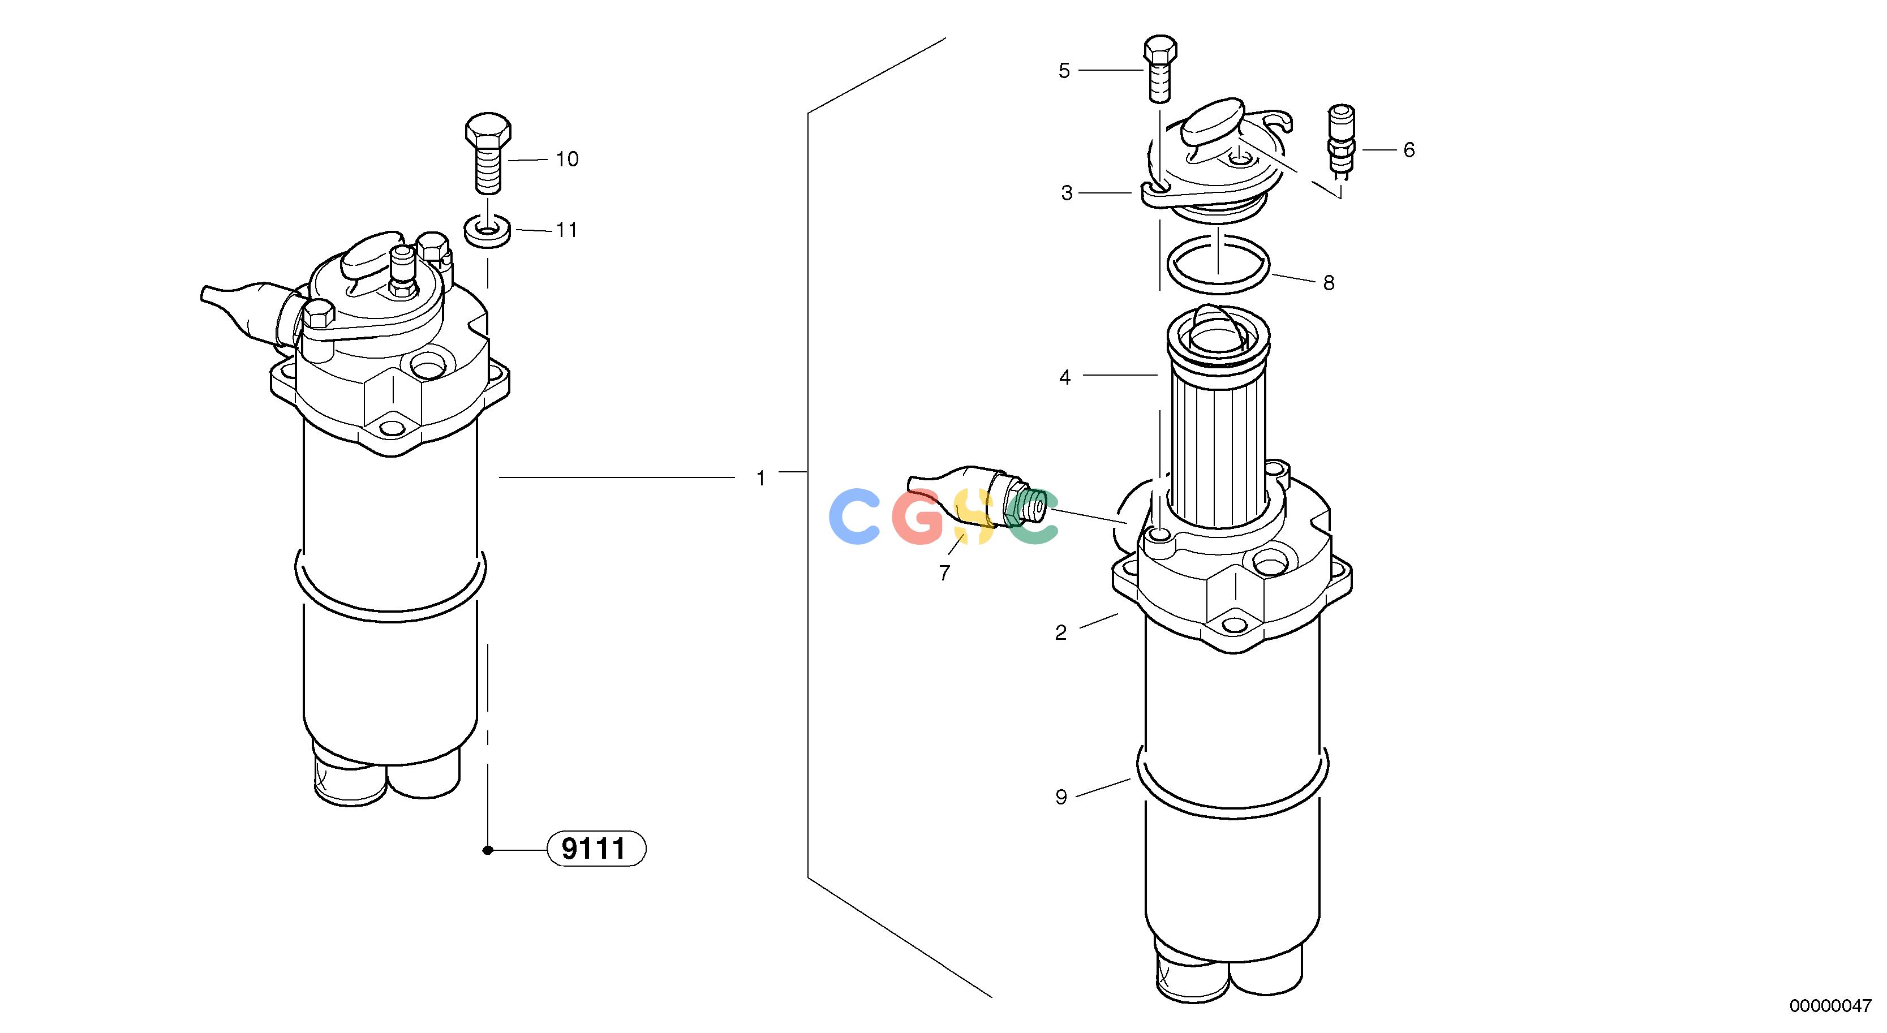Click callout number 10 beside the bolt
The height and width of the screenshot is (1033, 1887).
[567, 159]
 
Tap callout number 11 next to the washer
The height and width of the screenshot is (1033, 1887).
[567, 230]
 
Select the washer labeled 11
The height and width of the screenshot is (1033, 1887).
[488, 231]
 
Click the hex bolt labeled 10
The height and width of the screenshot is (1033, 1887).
[488, 152]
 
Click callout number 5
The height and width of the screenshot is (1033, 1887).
[1064, 71]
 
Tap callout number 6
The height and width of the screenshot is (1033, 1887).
[1409, 150]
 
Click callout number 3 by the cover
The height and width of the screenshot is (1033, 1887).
[1067, 193]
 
